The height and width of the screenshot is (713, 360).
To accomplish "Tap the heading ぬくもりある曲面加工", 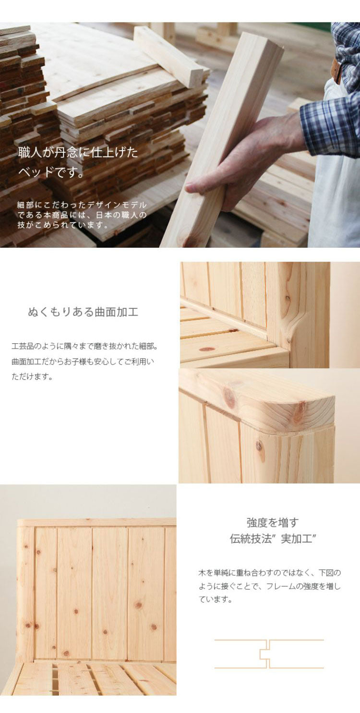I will (x=83, y=312).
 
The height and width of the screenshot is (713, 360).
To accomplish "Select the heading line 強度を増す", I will (x=272, y=522).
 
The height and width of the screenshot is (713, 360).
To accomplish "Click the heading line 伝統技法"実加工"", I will (x=272, y=539).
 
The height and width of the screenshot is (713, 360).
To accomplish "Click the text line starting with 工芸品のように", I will (x=84, y=346).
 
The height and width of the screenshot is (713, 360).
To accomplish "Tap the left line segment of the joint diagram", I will (x=238, y=654).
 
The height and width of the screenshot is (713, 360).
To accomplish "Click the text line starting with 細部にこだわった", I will (x=82, y=205).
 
